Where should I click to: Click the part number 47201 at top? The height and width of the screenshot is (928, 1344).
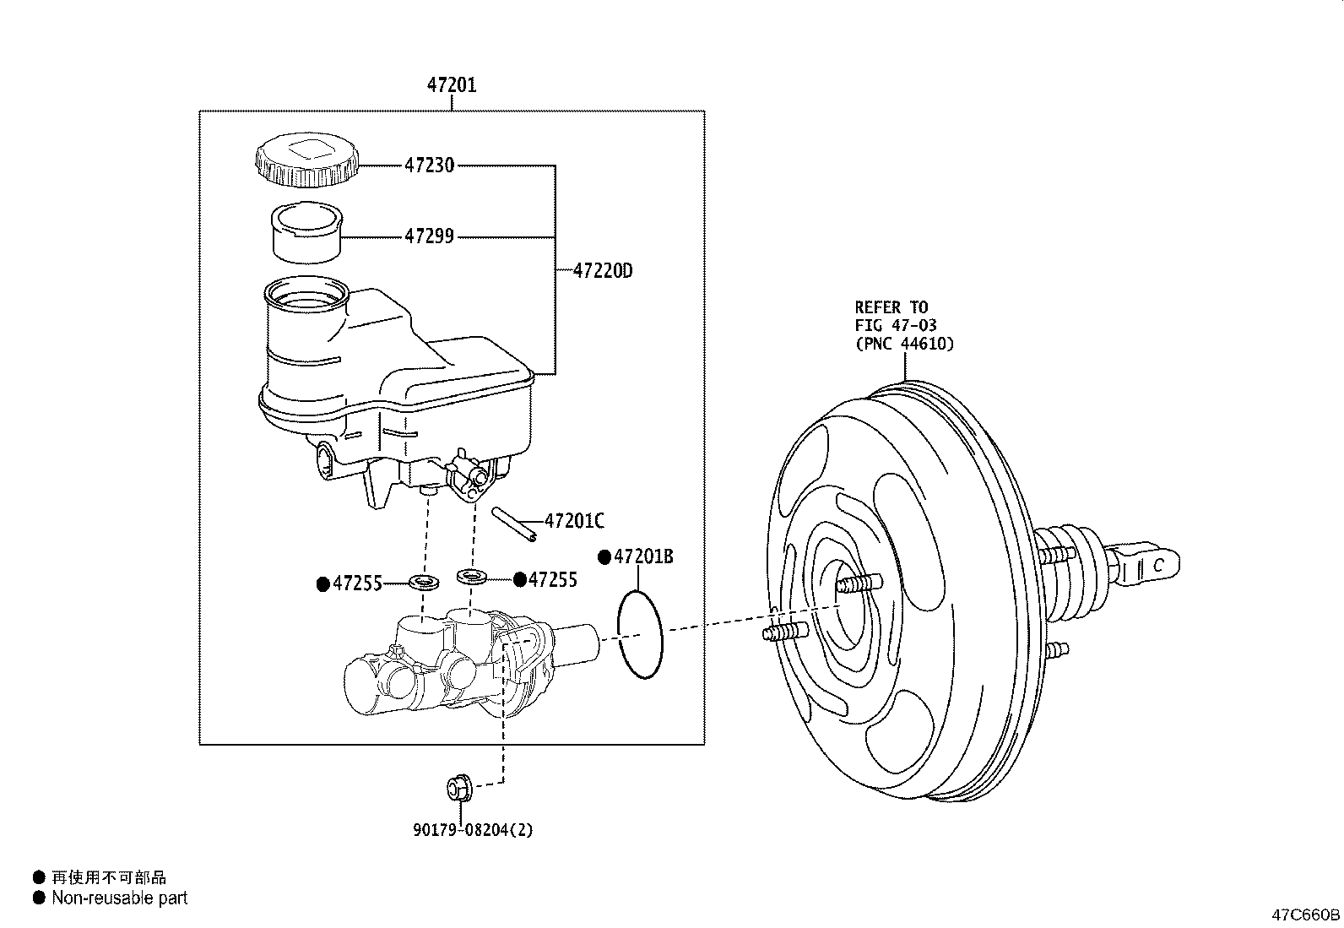[452, 85]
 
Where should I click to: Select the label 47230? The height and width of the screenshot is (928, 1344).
[430, 165]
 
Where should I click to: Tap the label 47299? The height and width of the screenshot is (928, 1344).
[430, 236]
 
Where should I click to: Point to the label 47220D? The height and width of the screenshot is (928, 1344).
[603, 271]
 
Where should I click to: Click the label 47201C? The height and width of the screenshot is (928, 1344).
[574, 520]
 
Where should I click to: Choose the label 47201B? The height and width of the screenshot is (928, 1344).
[643, 557]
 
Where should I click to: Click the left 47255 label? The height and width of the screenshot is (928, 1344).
[358, 583]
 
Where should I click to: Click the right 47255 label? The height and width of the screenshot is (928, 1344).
[553, 580]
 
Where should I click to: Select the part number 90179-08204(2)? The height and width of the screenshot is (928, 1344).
[473, 829]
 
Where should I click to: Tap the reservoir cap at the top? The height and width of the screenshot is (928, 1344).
[306, 160]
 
